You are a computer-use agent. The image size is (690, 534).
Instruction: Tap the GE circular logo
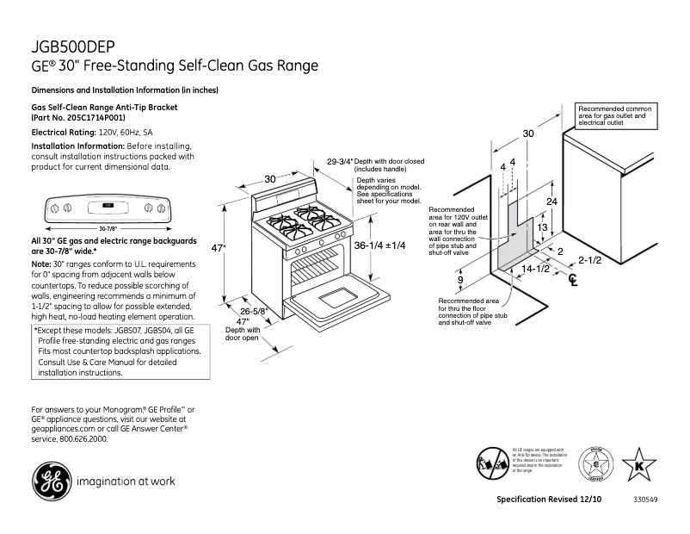pos(51,481)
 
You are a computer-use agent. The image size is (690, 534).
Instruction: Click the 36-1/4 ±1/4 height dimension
pos(379,245)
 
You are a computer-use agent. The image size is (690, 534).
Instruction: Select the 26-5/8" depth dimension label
pos(254,311)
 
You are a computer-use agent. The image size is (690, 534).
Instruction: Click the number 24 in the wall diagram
pos(552,201)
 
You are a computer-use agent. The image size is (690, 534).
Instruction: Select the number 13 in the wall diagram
pos(542,227)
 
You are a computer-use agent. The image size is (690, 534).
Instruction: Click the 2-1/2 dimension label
pos(589,259)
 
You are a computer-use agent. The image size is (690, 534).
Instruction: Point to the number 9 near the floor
pos(460,280)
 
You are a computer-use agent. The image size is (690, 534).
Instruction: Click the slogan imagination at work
pos(126,481)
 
